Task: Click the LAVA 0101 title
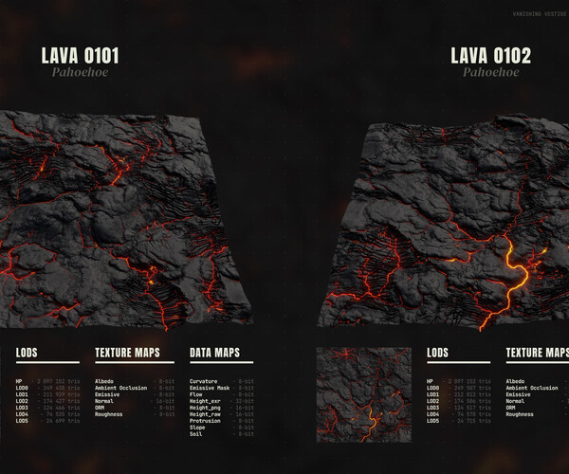(x=80, y=55)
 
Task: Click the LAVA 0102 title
(x=490, y=55)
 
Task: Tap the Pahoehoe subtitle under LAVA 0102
(x=490, y=73)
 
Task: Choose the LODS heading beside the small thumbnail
(x=437, y=353)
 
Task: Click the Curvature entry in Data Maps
(x=204, y=381)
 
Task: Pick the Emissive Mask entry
(x=210, y=388)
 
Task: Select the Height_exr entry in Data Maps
(x=205, y=401)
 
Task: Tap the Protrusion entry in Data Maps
(x=206, y=421)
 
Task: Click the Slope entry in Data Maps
(x=197, y=428)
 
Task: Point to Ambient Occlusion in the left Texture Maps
(x=120, y=388)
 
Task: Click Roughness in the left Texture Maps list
(x=110, y=414)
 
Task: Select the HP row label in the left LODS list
(x=19, y=381)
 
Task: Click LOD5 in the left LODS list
(x=22, y=421)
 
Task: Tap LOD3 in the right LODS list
(x=433, y=408)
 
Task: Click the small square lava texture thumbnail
(x=363, y=395)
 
